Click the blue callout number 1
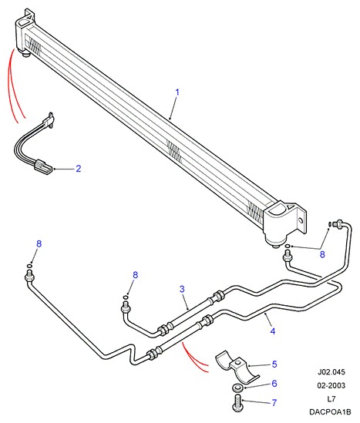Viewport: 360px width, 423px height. point(177,92)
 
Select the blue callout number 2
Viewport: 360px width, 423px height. point(79,169)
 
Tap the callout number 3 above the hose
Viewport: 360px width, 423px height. point(182,289)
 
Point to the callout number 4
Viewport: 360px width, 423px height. point(273,331)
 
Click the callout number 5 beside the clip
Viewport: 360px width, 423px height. point(274,364)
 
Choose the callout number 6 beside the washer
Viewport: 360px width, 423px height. point(274,384)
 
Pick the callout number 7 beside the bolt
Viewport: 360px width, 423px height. point(274,402)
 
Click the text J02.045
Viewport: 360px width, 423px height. point(331,372)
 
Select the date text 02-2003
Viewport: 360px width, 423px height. point(331,385)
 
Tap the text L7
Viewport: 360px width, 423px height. point(331,398)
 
